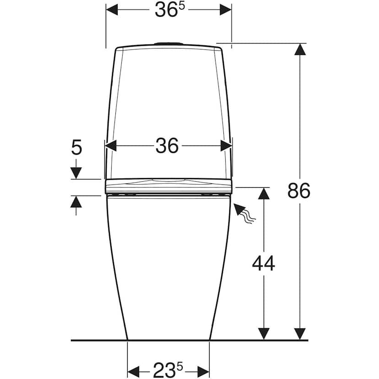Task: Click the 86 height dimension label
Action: point(299,190)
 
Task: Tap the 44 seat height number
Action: point(264,263)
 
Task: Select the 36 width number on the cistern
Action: point(167,146)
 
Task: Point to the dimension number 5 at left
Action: point(76,147)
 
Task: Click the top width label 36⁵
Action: point(170,10)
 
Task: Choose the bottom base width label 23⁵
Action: point(168,370)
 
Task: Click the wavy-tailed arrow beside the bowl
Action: point(244,213)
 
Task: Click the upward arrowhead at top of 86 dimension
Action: point(300,49)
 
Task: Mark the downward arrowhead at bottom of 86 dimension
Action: point(300,334)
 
